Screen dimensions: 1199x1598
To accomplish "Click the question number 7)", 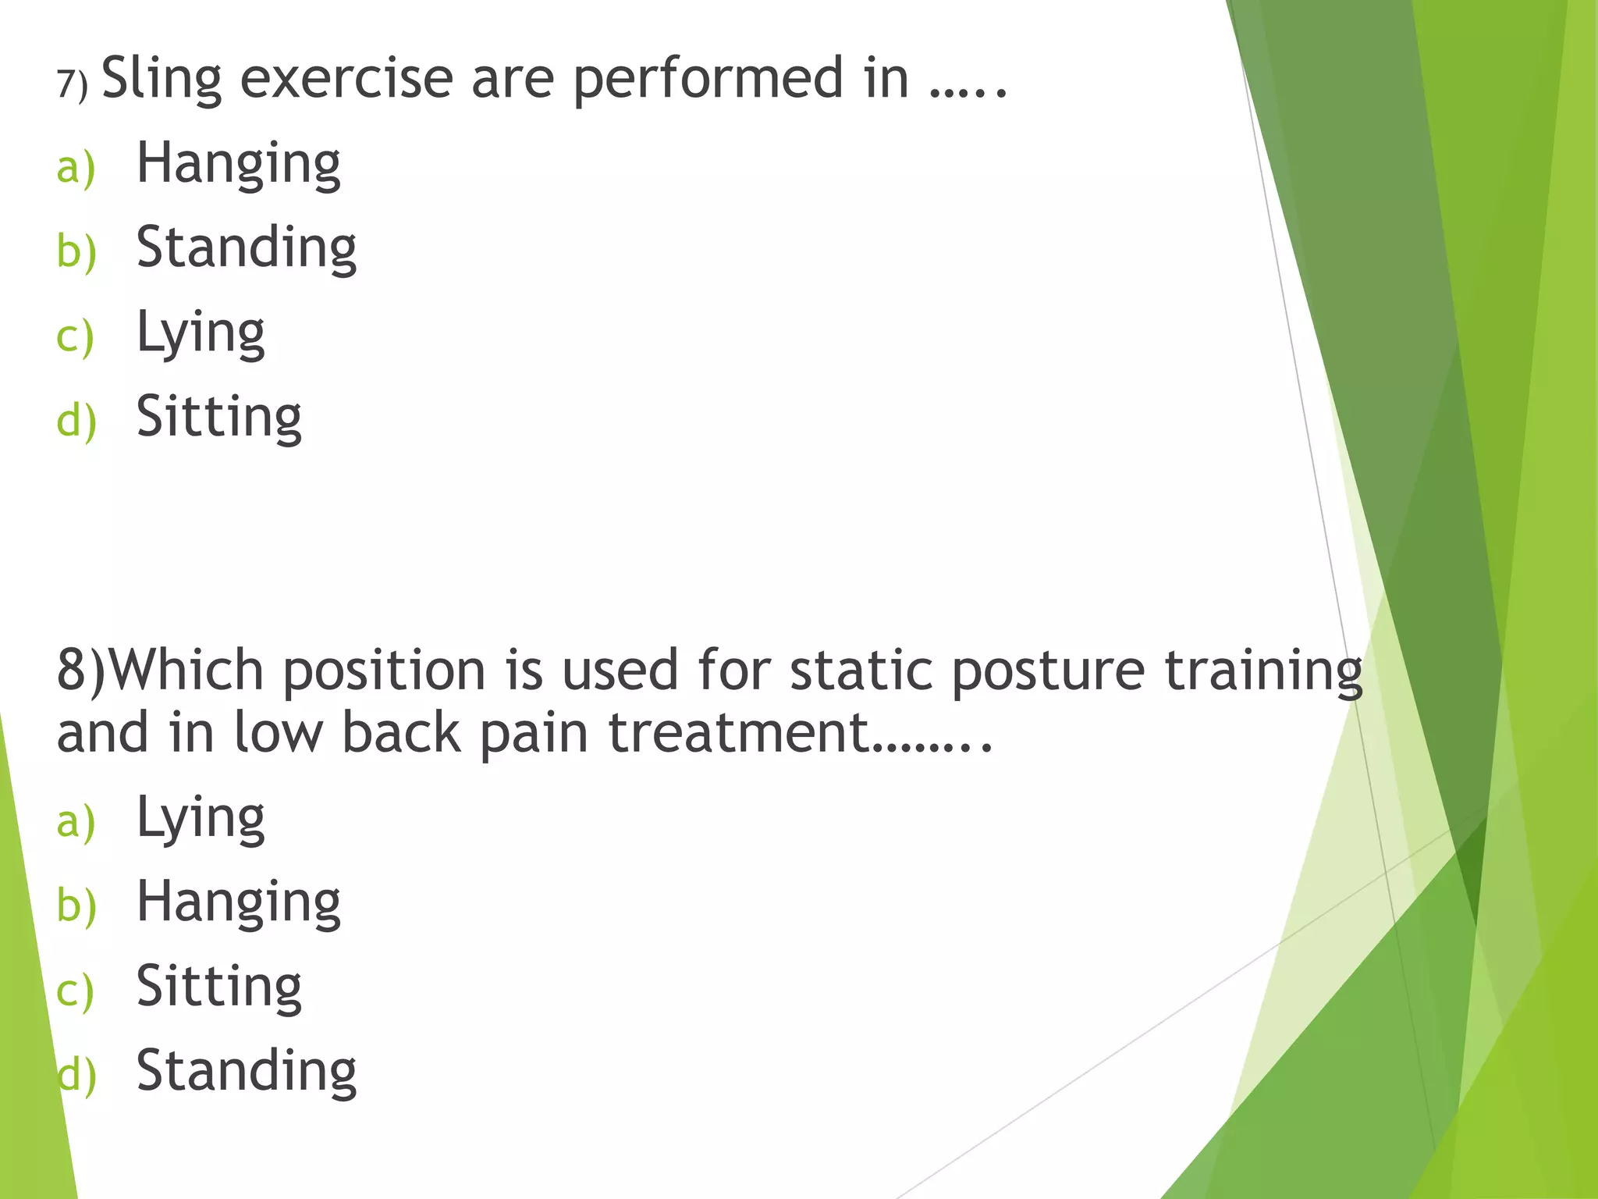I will pyautogui.click(x=72, y=84).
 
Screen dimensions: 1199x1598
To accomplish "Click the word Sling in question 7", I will pyautogui.click(x=162, y=80).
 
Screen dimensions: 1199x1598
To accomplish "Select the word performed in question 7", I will pyautogui.click(x=708, y=80).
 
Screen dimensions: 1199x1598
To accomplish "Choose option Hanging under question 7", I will pyautogui.click(x=238, y=165).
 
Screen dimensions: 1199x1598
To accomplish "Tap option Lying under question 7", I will pyautogui.click(x=201, y=334).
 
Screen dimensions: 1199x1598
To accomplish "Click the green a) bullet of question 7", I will pyautogui.click(x=76, y=168).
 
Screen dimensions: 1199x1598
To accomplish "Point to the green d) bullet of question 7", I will pyautogui.click(x=76, y=422).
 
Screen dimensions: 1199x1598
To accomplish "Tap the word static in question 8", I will pyautogui.click(x=861, y=671).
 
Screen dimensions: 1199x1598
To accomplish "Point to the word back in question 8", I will pyautogui.click(x=401, y=734).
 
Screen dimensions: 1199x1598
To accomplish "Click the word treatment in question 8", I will pyautogui.click(x=738, y=734).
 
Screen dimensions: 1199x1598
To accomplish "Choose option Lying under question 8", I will pyautogui.click(x=201, y=820).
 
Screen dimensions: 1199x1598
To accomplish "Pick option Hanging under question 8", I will pyautogui.click(x=238, y=903).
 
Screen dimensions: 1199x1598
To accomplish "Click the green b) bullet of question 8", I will pyautogui.click(x=76, y=906).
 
